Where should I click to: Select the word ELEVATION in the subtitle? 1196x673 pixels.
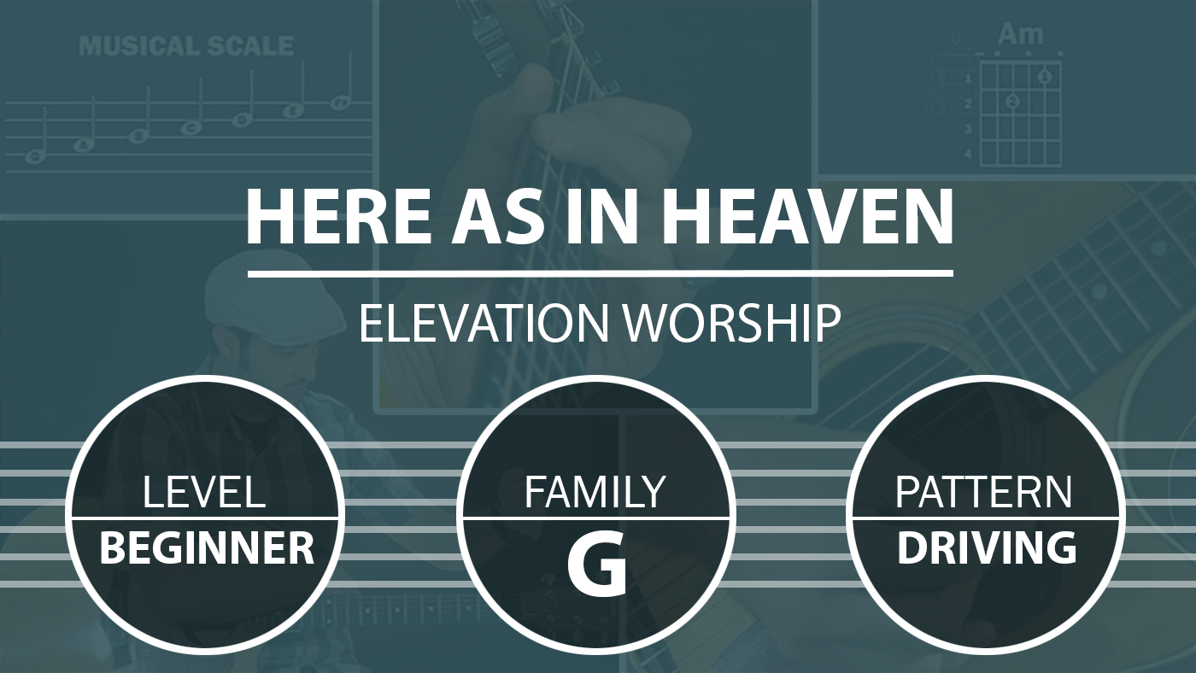(484, 324)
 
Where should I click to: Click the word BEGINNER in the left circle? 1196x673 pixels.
(207, 548)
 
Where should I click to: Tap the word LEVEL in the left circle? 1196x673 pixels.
(204, 492)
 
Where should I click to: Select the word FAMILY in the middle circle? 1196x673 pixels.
(595, 492)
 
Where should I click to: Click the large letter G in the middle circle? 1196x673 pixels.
(597, 567)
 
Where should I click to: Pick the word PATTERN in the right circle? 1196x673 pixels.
(983, 492)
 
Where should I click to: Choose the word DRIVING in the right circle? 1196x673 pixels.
(987, 548)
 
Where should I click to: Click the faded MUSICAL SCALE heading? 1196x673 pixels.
(186, 46)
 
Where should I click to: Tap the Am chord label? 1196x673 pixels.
(1020, 35)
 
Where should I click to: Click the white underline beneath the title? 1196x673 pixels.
(600, 274)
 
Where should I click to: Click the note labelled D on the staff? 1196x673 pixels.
(243, 120)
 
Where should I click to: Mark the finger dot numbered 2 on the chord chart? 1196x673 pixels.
(1012, 102)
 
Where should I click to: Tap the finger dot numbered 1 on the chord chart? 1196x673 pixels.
(1045, 77)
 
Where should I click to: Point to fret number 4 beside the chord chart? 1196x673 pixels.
(968, 155)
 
